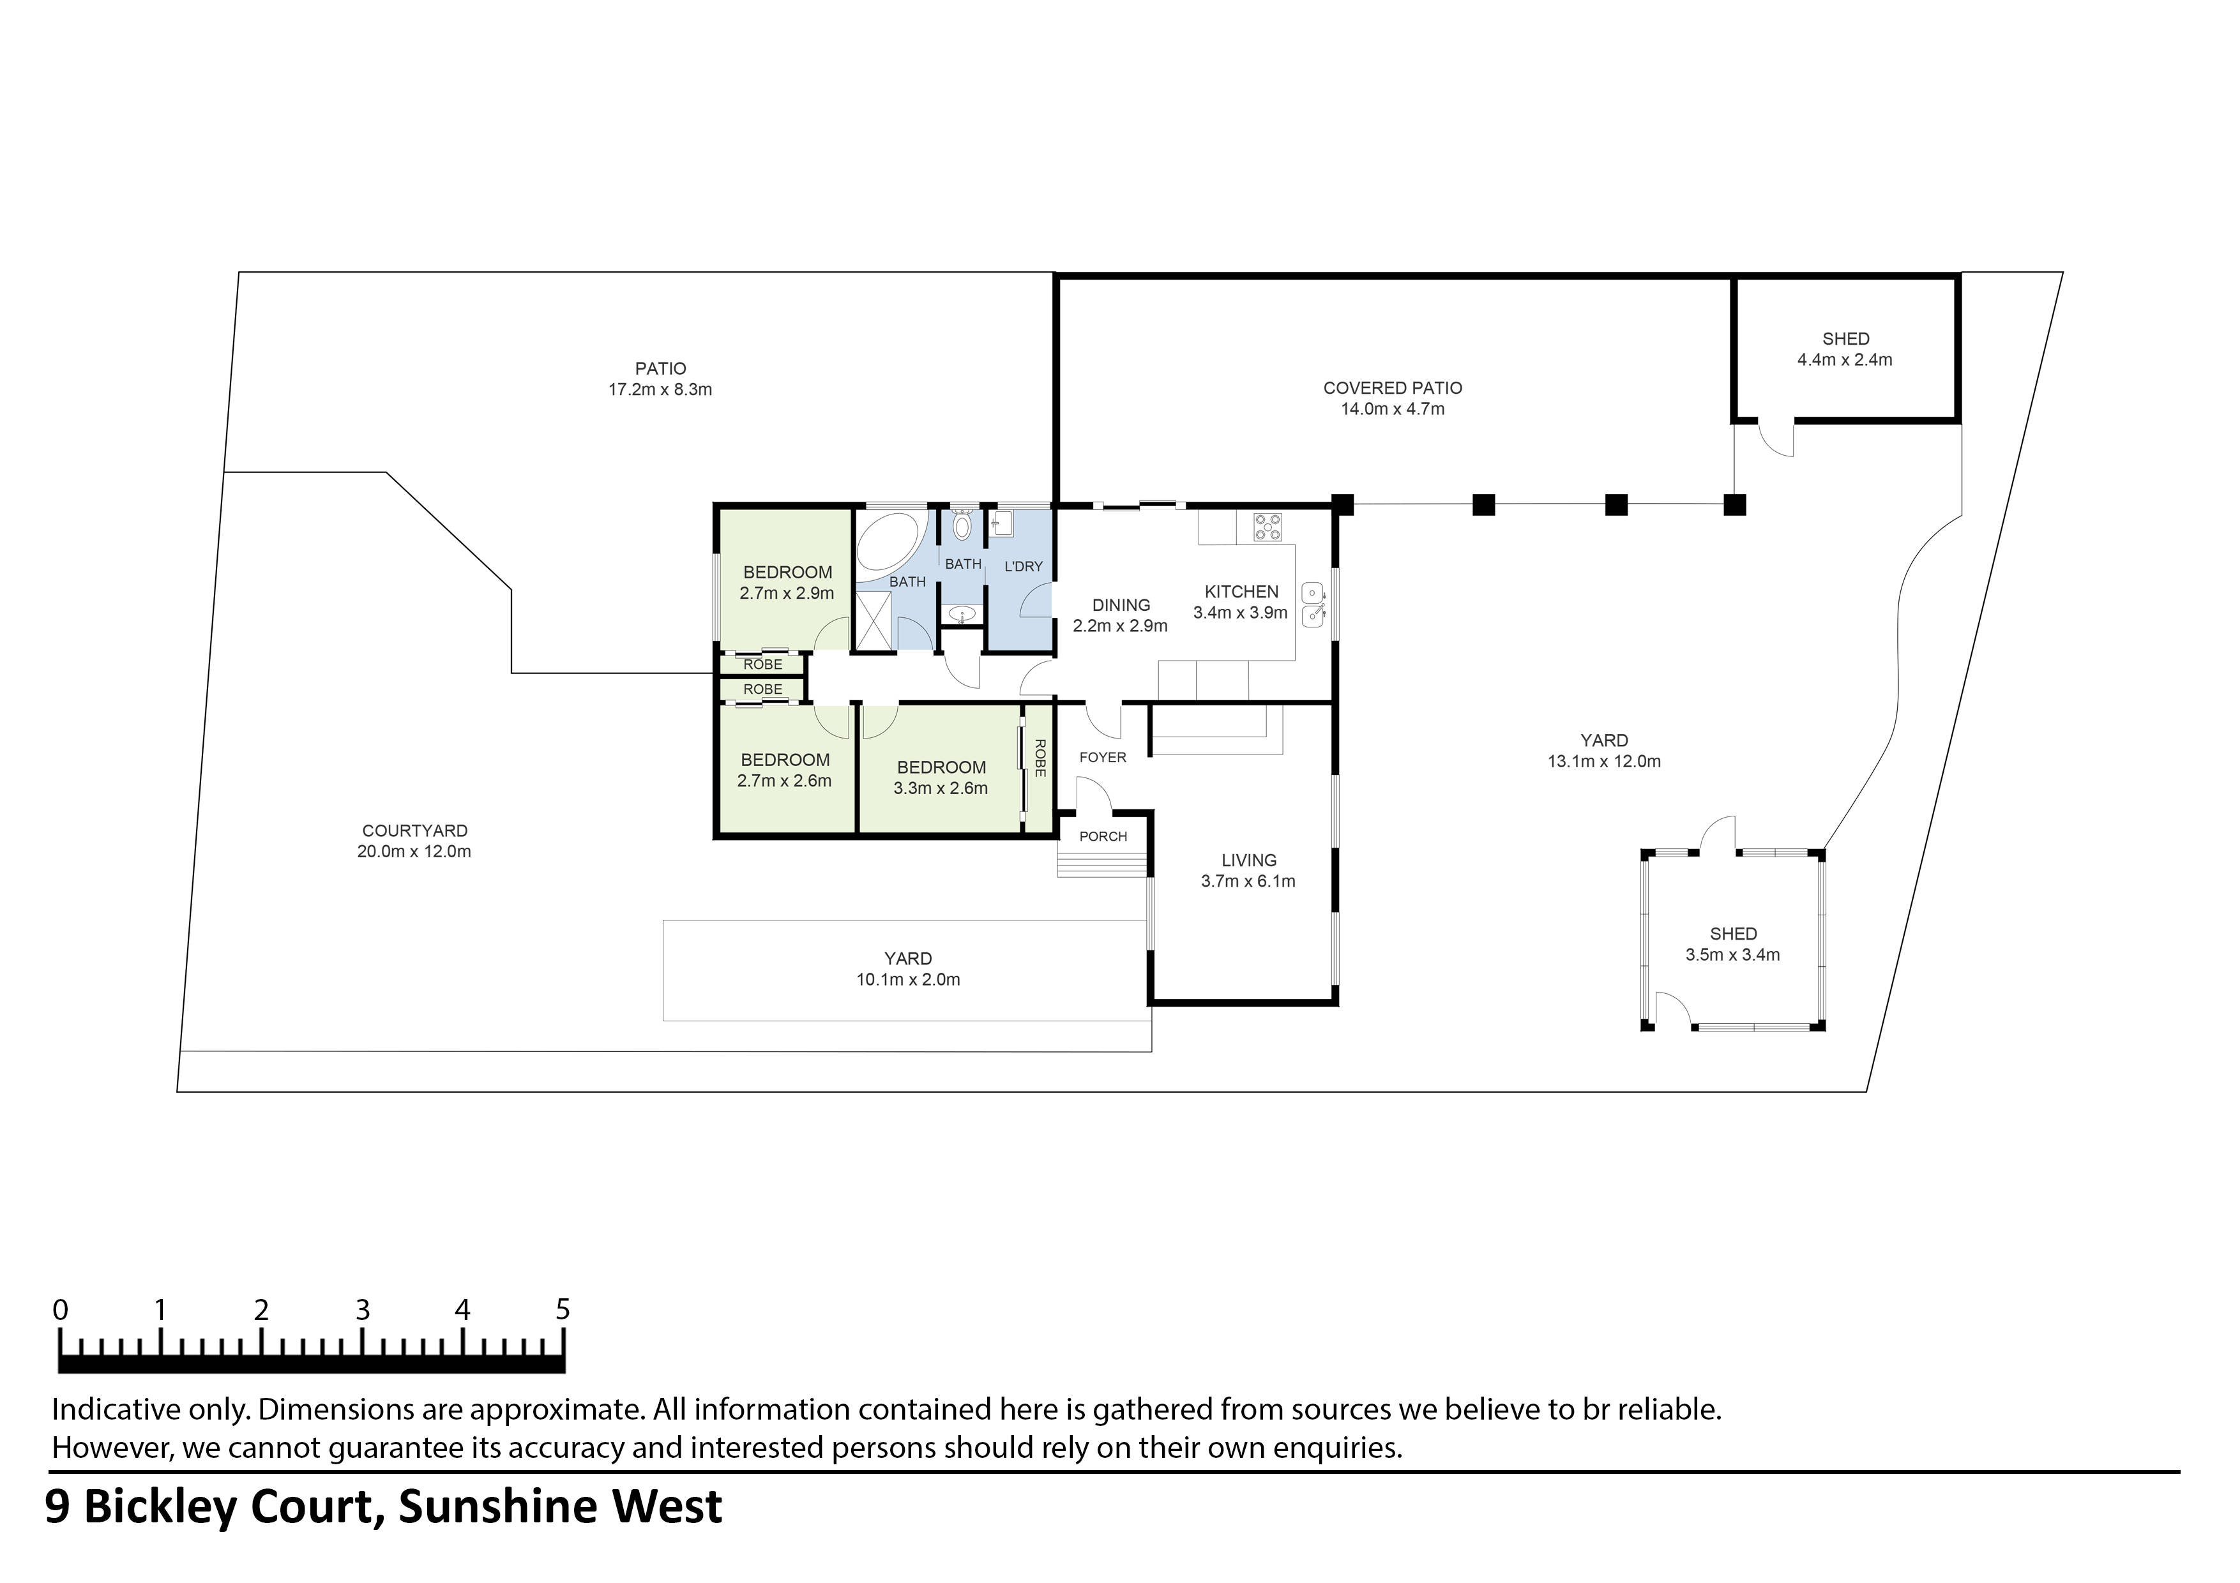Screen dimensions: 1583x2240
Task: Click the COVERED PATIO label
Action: [x=1391, y=388]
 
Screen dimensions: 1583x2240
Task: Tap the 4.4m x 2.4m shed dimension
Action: [x=1844, y=360]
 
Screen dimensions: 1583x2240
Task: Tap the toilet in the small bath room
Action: [x=962, y=526]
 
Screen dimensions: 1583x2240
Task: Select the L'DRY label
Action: [x=1022, y=567]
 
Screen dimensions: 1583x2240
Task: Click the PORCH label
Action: [x=1102, y=837]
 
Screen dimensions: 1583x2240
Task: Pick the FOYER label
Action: [x=1102, y=758]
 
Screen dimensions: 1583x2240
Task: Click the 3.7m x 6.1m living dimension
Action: [x=1248, y=882]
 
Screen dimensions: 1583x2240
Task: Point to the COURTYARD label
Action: [x=414, y=831]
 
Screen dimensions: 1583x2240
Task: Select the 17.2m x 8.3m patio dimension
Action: [x=660, y=390]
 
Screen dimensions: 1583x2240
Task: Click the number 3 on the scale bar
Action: [x=362, y=1310]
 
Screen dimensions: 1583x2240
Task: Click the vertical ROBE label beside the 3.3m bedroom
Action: [x=1040, y=759]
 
